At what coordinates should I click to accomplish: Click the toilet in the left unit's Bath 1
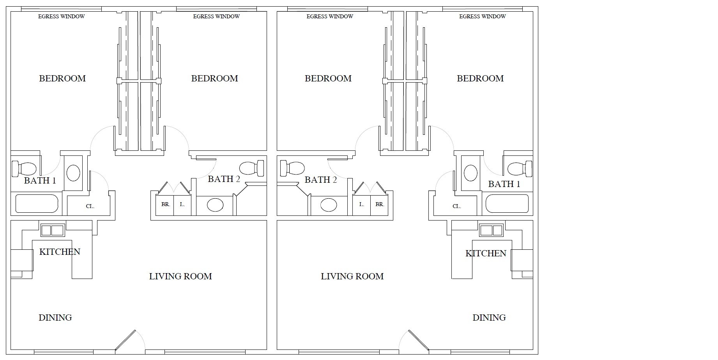coord(24,169)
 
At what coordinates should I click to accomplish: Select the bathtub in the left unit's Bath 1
coord(37,203)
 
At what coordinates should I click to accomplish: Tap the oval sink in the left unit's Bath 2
coord(215,205)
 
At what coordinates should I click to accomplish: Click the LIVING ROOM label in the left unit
coord(180,276)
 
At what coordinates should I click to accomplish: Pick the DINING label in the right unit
coord(489,318)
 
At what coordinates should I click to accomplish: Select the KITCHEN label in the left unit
coord(60,252)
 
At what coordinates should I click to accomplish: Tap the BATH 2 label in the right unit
coord(321,180)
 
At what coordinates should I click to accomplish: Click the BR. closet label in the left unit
coord(166,204)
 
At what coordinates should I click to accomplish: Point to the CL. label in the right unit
coord(456,206)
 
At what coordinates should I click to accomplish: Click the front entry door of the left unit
coord(126,340)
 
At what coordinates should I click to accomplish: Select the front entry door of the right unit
coord(419,340)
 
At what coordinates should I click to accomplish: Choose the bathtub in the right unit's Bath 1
coord(507,203)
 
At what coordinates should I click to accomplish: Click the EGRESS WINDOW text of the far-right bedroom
coord(483,16)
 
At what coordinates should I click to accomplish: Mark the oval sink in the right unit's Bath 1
coord(470,173)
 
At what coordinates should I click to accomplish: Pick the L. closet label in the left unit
coord(182,204)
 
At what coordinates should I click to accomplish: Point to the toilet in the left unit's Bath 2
coord(252,169)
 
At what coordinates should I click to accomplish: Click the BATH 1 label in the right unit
coord(504,184)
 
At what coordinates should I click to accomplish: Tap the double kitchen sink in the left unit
coord(52,230)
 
